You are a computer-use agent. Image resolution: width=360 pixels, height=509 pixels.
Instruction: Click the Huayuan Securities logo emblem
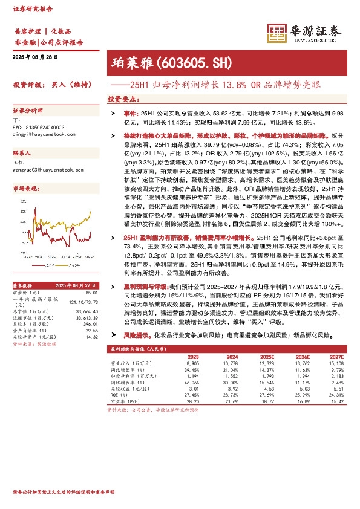pyautogui.click(x=277, y=33)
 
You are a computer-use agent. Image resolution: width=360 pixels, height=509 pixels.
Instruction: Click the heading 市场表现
pyautogui.click(x=27, y=189)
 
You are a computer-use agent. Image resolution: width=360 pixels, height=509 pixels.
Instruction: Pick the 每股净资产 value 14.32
pyautogui.click(x=91, y=336)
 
